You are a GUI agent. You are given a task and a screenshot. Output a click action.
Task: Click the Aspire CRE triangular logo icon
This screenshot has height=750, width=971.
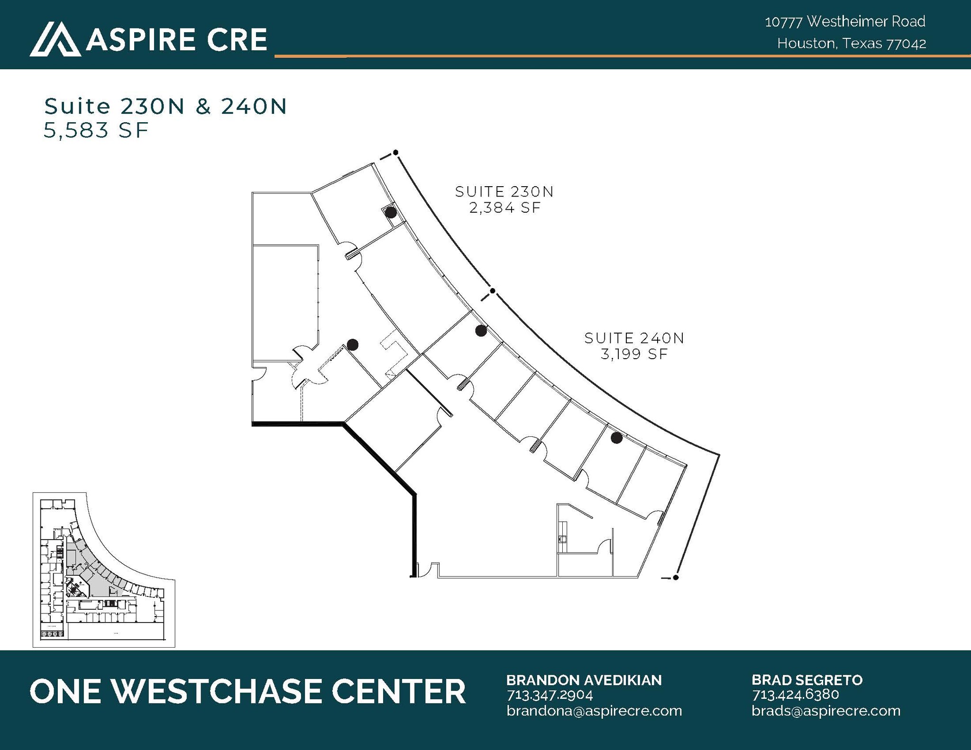55,39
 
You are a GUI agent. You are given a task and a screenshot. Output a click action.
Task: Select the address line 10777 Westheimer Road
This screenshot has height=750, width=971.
845,21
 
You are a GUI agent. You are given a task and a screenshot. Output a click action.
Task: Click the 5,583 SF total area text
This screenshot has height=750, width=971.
96,130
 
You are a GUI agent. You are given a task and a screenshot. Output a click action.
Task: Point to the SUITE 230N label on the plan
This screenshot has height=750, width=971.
504,192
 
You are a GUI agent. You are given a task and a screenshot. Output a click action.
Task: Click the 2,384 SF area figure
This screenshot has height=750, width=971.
505,208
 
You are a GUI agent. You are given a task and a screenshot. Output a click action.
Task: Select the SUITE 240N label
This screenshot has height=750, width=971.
634,338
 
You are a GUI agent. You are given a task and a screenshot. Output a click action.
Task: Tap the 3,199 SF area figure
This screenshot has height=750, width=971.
634,354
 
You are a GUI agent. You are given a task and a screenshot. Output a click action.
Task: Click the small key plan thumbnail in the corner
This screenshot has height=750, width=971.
104,569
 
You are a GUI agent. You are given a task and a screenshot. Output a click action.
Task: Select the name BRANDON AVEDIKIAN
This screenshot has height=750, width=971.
584,680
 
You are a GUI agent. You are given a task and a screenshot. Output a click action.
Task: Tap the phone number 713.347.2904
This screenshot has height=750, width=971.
550,695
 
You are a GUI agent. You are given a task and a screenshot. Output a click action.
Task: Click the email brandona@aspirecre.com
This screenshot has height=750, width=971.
594,711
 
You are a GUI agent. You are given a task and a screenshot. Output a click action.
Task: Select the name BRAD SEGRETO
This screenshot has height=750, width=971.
807,680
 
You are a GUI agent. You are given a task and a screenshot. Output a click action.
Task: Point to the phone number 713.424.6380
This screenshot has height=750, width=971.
795,695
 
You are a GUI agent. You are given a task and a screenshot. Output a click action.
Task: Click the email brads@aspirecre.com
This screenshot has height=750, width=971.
826,711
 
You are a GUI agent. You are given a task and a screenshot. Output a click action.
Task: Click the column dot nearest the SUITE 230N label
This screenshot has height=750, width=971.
391,212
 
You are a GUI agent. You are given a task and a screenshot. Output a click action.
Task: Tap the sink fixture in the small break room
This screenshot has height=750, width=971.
563,539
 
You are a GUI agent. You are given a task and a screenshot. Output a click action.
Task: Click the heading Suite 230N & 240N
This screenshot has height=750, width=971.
165,107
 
